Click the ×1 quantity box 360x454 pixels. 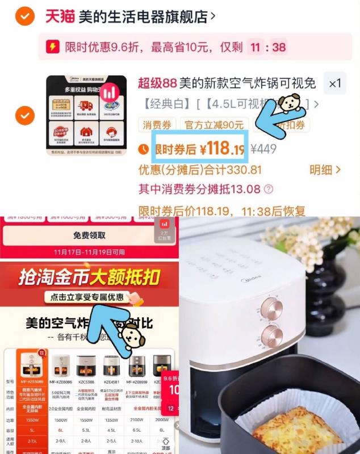335,84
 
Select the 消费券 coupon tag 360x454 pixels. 157,125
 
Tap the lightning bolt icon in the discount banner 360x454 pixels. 52,47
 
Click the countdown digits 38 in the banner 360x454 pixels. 279,47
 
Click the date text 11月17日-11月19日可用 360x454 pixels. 89,251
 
